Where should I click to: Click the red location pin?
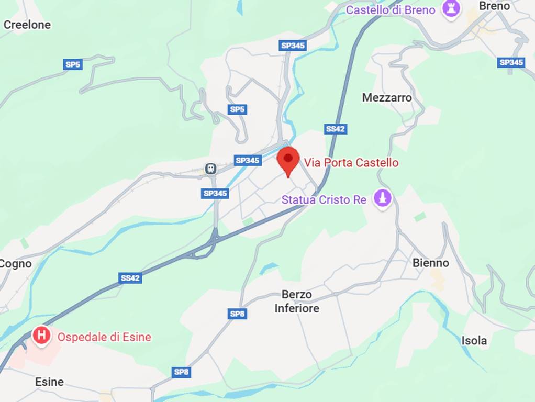click(x=287, y=160)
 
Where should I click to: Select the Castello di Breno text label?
click(x=391, y=9)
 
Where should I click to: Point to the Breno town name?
click(x=494, y=6)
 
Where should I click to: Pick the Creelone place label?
click(x=27, y=25)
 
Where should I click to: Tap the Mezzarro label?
click(x=387, y=97)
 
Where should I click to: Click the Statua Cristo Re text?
click(x=324, y=199)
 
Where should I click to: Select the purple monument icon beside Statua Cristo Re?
click(x=383, y=198)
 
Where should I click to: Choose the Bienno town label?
click(x=430, y=263)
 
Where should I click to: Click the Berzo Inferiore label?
click(x=296, y=301)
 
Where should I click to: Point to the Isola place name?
click(x=474, y=340)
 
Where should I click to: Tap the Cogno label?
click(x=15, y=263)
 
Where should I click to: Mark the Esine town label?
click(x=49, y=382)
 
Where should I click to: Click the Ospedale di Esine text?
click(x=104, y=337)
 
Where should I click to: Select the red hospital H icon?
click(x=41, y=335)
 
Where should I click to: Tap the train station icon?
click(x=210, y=169)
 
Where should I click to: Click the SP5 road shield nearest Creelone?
click(x=73, y=64)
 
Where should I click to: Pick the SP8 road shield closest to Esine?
click(x=181, y=372)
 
